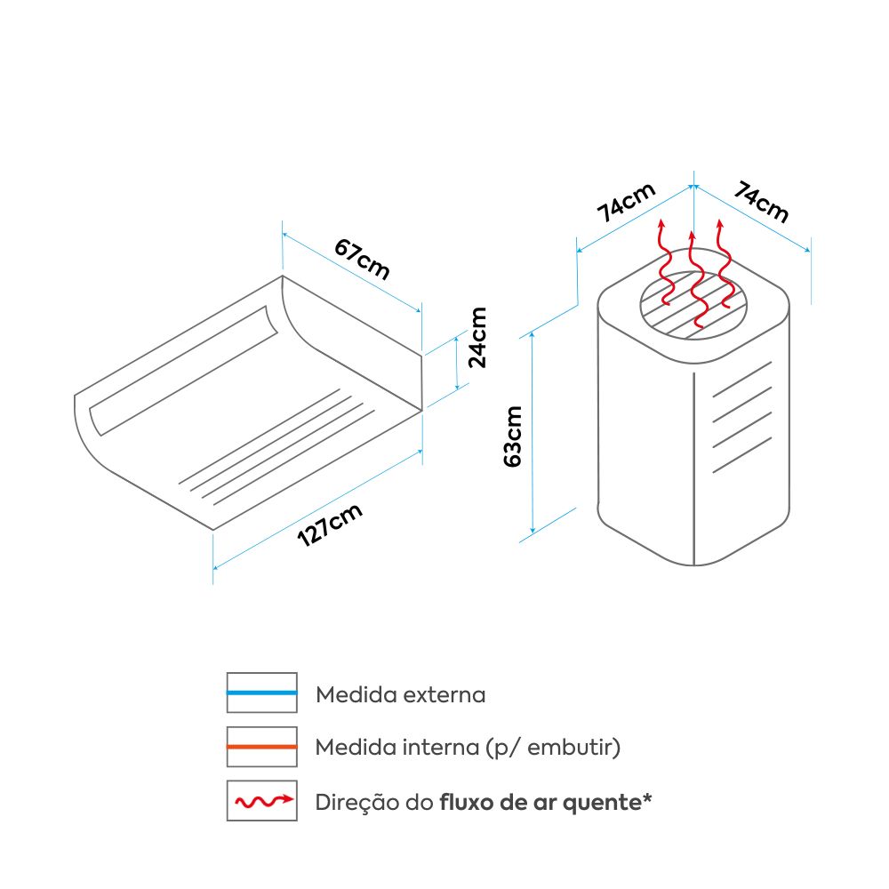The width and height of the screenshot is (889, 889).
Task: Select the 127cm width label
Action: click(x=330, y=525)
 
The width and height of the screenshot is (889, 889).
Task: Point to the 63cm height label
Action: click(x=513, y=436)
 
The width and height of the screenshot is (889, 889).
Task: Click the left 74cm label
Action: click(x=626, y=203)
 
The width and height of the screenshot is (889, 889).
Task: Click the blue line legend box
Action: click(x=261, y=693)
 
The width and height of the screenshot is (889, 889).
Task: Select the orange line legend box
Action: click(x=261, y=747)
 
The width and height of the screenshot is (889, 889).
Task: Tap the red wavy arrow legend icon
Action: click(x=261, y=801)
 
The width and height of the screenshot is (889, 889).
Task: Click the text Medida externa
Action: click(x=401, y=694)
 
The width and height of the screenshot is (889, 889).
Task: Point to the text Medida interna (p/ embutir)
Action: click(x=468, y=748)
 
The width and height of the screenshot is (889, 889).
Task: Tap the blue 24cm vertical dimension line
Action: click(x=457, y=363)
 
